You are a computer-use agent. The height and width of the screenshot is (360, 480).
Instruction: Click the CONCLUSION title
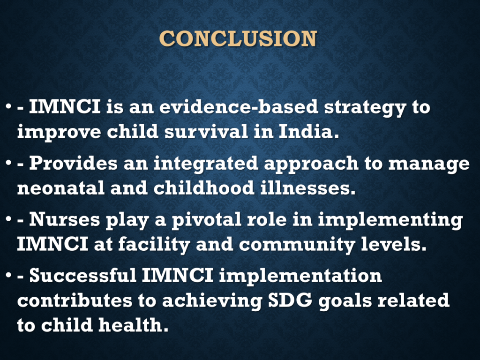(238, 38)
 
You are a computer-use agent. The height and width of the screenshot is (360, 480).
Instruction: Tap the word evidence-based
(239, 107)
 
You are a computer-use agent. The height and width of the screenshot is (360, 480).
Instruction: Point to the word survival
(206, 131)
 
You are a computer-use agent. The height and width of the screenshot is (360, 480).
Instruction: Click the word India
(309, 131)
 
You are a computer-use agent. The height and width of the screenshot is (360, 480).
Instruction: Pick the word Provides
(74, 163)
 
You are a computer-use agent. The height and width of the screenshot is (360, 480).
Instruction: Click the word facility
(154, 245)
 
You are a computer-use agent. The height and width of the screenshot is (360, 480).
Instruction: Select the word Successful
(83, 275)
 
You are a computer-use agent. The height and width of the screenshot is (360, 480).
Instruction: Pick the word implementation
(300, 277)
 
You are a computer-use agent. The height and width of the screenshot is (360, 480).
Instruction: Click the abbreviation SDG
(290, 300)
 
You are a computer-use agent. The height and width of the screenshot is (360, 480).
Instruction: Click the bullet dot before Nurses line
(8, 219)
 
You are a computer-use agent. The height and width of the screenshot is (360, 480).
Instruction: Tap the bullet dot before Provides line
(8, 163)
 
